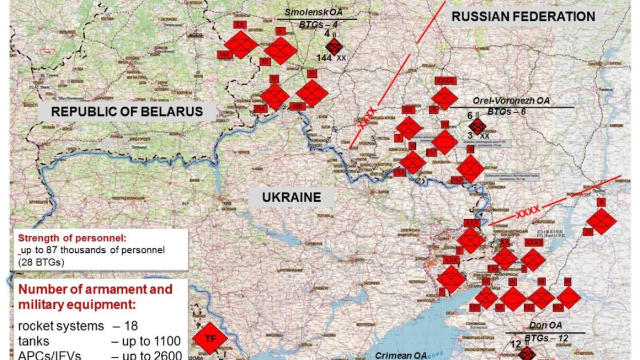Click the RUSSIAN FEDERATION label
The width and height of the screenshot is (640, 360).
pyautogui.click(x=523, y=17)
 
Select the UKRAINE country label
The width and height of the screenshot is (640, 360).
pyautogui.click(x=291, y=197)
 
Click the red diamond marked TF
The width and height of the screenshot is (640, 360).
pyautogui.click(x=209, y=338)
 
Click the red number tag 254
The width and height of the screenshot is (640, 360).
pyautogui.click(x=260, y=109)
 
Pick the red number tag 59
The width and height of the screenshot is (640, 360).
pyautogui.click(x=264, y=62)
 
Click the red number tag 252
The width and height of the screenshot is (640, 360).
pyautogui.click(x=457, y=180)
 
